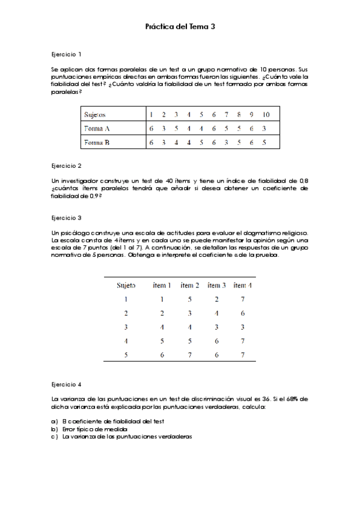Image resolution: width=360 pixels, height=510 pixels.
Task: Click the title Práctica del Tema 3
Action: pyautogui.click(x=180, y=27)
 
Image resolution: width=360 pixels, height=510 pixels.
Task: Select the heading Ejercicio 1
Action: pyautogui.click(x=67, y=54)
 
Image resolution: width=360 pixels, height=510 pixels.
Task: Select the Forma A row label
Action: pyautogui.click(x=97, y=129)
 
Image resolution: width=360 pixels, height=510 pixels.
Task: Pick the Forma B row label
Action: pyautogui.click(x=97, y=143)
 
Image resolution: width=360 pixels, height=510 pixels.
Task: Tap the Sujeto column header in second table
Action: pyautogui.click(x=126, y=285)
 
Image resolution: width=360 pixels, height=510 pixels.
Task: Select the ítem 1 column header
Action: pyautogui.click(x=162, y=285)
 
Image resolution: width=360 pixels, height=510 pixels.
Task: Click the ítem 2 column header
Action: pyautogui.click(x=190, y=285)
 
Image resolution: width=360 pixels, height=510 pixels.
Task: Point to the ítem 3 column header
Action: pyautogui.click(x=216, y=285)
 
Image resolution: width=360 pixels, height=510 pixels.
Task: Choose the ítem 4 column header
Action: pyautogui.click(x=242, y=285)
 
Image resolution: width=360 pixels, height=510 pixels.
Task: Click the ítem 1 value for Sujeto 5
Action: pyautogui.click(x=162, y=355)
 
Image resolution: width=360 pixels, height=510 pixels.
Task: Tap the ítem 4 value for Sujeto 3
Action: pyautogui.click(x=242, y=327)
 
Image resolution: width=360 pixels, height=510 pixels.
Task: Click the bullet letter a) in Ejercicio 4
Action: pyautogui.click(x=55, y=422)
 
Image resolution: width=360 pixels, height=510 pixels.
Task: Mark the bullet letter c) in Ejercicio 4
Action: pyautogui.click(x=55, y=436)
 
